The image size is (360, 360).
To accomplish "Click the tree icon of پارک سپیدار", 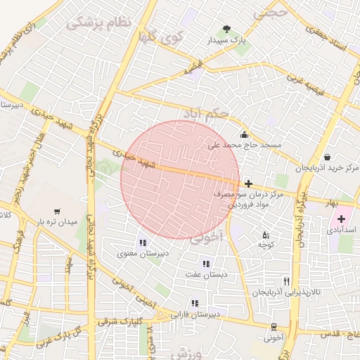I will (x=226, y=29).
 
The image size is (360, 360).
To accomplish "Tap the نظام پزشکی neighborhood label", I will (x=99, y=23).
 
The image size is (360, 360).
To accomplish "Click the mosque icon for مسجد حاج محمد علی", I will (x=244, y=134).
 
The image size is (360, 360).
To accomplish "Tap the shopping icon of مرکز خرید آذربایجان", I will (x=327, y=157).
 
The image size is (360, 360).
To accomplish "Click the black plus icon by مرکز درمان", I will (x=248, y=183).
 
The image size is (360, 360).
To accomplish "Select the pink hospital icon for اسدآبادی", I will (x=342, y=219).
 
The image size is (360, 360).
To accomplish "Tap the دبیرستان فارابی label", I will (x=197, y=314).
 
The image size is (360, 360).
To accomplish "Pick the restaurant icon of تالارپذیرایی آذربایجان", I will (x=285, y=281).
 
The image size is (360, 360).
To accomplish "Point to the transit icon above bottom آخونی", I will (x=274, y=327).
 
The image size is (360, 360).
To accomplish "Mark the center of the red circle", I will (x=180, y=180).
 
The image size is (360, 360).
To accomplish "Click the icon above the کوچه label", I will (x=265, y=234).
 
